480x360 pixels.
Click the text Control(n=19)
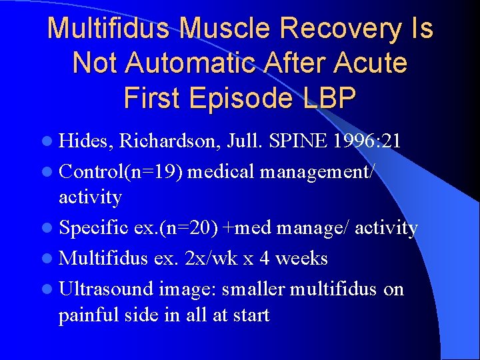(x=121, y=171)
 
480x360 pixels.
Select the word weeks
(x=303, y=258)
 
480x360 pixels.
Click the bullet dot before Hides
(x=51, y=142)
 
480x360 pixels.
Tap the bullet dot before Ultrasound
(x=51, y=289)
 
